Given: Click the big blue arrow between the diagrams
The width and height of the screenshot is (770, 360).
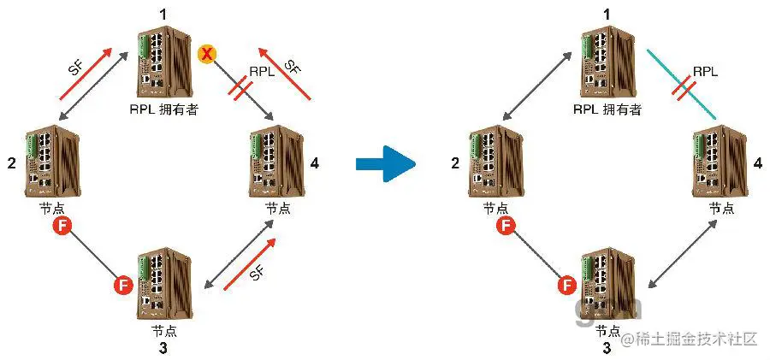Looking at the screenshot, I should [384, 162].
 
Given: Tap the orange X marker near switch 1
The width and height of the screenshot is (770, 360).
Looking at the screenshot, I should [206, 55].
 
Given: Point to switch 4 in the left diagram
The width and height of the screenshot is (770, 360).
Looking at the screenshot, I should [275, 163].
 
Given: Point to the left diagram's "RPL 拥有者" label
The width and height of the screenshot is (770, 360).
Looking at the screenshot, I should [164, 109].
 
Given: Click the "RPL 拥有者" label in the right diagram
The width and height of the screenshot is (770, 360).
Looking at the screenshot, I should [608, 109].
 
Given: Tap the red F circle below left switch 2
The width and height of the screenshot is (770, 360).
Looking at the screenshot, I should [61, 226].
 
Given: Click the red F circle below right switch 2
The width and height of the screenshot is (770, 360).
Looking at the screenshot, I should [506, 226].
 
